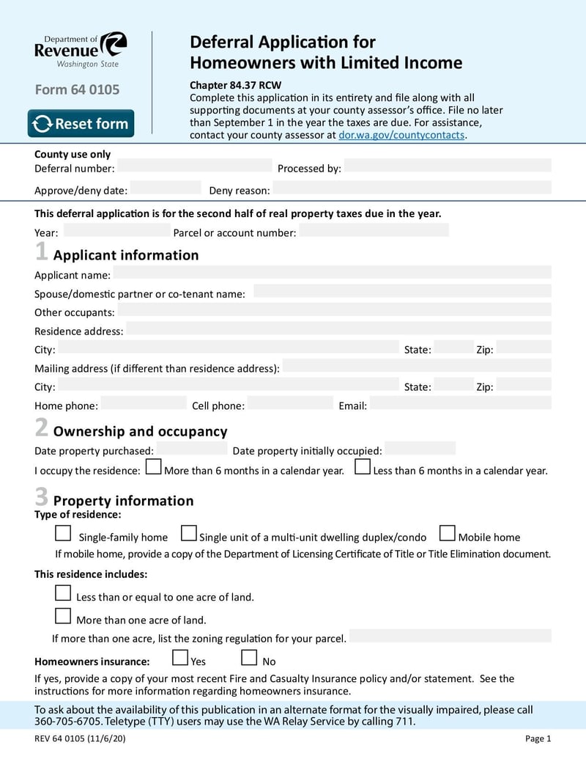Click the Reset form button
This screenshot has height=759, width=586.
81,123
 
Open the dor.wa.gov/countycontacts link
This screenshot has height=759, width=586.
401,135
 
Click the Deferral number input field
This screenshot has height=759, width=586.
194,166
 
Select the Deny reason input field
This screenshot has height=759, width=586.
412,188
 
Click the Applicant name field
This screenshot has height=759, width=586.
331,273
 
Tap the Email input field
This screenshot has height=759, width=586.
460,403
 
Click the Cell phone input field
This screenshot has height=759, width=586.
290,403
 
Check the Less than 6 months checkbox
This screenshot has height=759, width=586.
362,467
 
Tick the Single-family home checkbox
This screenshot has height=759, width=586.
64,533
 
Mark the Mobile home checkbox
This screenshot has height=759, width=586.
447,533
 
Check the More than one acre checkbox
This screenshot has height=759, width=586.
64,616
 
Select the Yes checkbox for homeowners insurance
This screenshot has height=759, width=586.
179,657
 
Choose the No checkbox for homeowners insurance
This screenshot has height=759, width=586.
249,657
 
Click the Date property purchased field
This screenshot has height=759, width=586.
192,448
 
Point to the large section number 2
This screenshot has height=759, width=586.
42,428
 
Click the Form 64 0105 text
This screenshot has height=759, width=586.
77,90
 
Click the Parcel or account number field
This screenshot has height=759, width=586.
374,230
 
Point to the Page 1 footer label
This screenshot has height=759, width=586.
538,738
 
